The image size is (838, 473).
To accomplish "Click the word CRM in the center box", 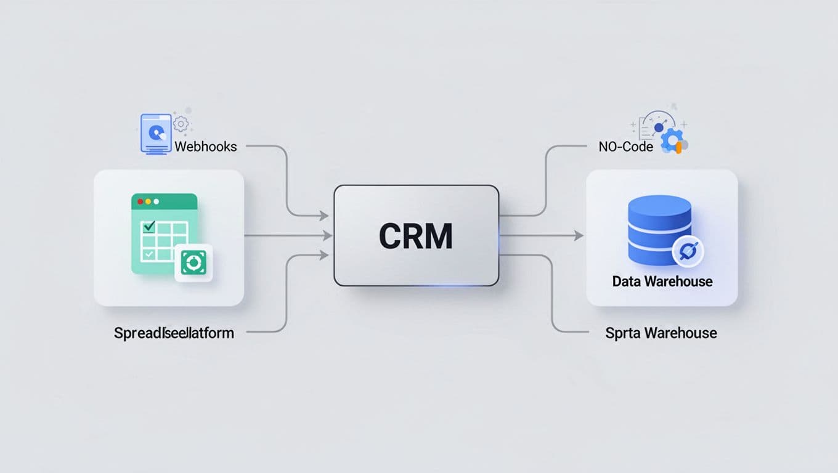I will [x=416, y=236].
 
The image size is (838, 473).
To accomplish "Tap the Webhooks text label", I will [x=206, y=147].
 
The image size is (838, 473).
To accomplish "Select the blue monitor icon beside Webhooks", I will [x=156, y=132].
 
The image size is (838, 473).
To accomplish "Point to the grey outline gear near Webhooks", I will [x=181, y=123].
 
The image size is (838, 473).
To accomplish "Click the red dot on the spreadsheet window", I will [x=140, y=201].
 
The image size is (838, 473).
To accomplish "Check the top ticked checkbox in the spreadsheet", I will [x=148, y=227].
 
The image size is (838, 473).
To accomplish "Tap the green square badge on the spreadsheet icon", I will [x=193, y=263].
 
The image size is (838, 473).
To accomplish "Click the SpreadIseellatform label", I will [x=174, y=333].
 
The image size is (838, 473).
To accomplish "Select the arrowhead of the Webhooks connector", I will [x=323, y=216].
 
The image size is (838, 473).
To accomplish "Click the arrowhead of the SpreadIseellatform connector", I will [x=323, y=254].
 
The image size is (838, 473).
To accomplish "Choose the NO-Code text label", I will [x=625, y=147].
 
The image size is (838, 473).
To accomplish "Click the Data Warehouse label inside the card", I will [x=662, y=282].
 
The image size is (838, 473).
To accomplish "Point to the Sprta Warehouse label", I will [x=661, y=333].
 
